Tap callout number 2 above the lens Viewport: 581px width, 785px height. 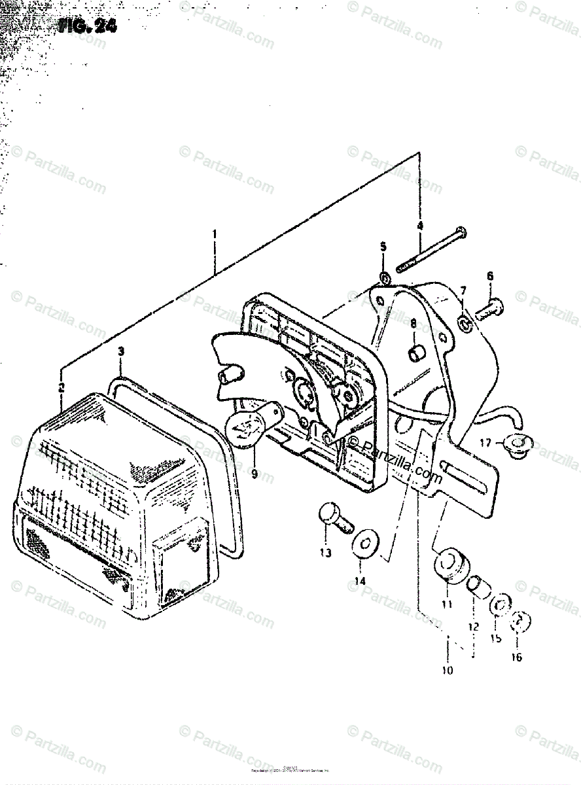click(x=61, y=387)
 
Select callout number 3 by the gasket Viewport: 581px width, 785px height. click(x=121, y=353)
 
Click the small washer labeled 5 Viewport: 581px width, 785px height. click(x=385, y=279)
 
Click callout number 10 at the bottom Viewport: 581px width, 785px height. click(x=448, y=670)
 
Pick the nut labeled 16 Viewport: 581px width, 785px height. click(x=520, y=621)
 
